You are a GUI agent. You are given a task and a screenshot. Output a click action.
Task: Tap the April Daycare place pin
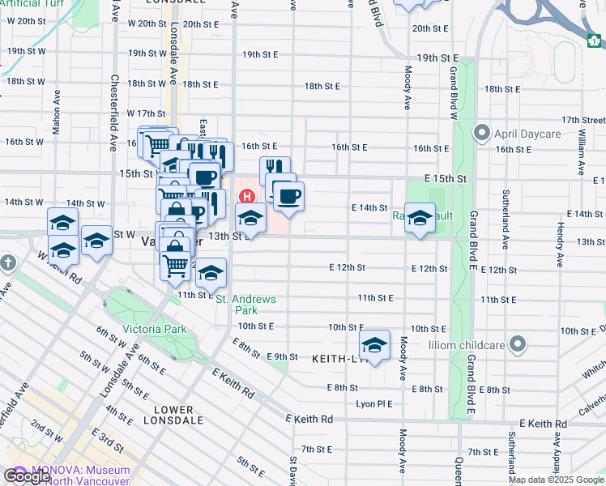point(482,131)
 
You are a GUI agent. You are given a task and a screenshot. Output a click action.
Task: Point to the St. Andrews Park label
point(246,305)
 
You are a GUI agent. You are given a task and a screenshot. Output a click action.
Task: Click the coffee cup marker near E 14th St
point(288,195)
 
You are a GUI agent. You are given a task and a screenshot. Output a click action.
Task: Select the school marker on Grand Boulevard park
point(420,217)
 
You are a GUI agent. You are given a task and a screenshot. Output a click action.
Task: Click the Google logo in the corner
point(27,477)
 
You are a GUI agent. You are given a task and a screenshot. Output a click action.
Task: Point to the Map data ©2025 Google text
point(556,480)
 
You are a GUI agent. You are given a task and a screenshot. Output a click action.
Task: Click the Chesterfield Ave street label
point(113,113)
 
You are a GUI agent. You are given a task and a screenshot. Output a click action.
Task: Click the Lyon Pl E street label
point(373,403)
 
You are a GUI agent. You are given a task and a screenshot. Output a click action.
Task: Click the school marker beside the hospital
point(250,217)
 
